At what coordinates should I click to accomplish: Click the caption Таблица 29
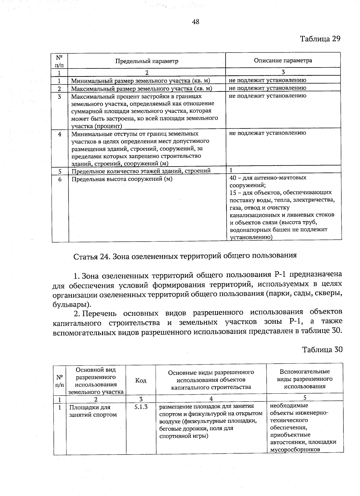pos(320,39)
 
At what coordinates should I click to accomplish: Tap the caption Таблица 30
pos(322,350)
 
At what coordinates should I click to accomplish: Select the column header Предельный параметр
pos(147,61)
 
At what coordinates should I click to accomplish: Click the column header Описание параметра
pos(283,61)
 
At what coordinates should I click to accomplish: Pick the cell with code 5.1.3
pos(141,407)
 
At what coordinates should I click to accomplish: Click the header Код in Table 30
pos(141,380)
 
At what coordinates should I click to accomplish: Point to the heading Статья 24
pos(185,256)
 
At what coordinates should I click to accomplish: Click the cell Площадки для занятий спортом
pos(93,411)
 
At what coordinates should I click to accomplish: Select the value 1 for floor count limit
pos(231,170)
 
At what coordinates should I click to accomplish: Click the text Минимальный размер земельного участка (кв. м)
pos(140,81)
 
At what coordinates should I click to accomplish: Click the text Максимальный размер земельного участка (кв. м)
pos(141,89)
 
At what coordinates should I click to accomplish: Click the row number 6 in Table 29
pos(60,179)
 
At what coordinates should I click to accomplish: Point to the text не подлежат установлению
pos(267,133)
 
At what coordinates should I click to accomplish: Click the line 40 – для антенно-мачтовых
pos(268,178)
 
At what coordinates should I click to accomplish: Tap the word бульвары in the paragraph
pos(70,305)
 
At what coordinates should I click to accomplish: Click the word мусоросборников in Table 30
pos(295,449)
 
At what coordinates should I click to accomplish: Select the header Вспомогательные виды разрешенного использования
pos(304,379)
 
